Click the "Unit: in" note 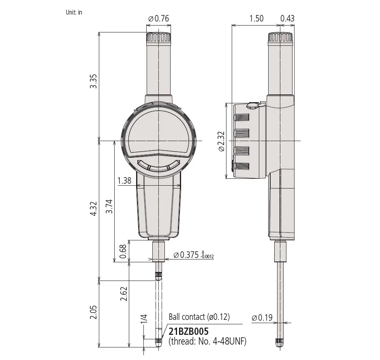click(x=74, y=13)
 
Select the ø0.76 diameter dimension click(x=158, y=18)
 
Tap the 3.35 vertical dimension click(x=93, y=81)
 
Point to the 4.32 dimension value click(x=93, y=208)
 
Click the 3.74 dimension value click(x=109, y=206)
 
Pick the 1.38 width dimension click(x=124, y=180)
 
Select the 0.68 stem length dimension click(x=123, y=252)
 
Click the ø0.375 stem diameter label click(x=194, y=255)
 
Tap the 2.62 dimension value click(x=124, y=294)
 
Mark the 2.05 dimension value click(x=93, y=312)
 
